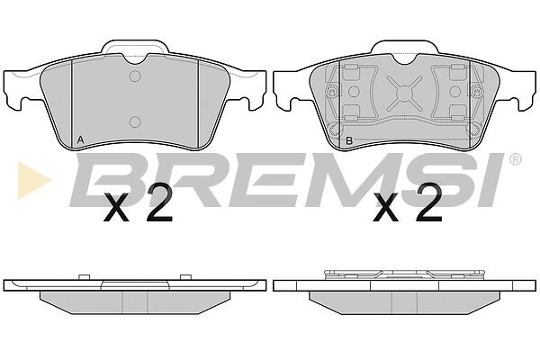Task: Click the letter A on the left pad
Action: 80,139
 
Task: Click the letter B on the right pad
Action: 349,140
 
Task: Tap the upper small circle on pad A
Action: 135,76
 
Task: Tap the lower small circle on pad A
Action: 135,121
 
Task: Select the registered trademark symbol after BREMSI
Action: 515,159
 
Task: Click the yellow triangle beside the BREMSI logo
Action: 33,180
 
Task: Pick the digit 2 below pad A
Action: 158,202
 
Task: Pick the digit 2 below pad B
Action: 428,202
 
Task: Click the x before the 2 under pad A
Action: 116,207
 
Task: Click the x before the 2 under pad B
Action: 386,207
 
